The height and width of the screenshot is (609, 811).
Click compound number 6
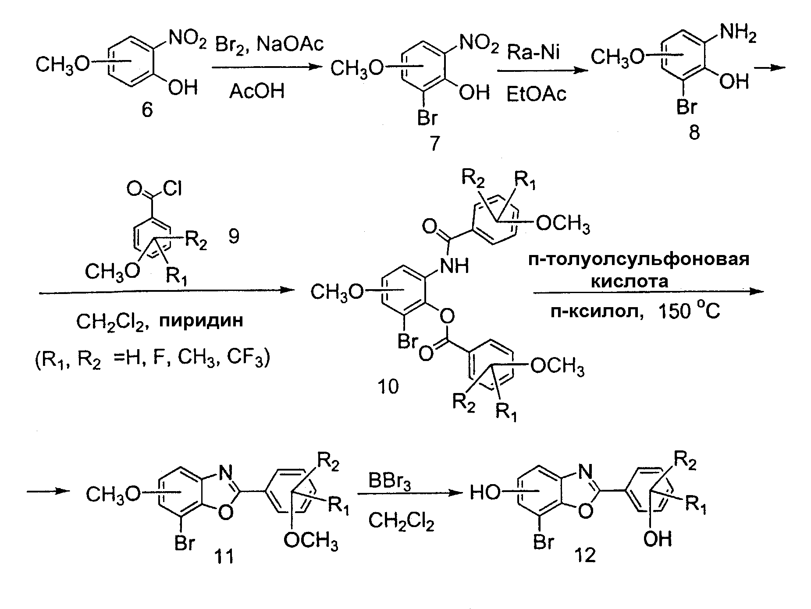point(147,110)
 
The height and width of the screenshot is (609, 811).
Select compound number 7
point(434,143)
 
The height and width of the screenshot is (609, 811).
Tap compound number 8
point(694,132)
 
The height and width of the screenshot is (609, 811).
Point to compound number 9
point(234,237)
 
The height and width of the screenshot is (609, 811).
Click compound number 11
point(223,557)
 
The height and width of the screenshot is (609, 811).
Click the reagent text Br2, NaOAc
point(270,44)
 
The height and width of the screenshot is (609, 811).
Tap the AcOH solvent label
point(257,92)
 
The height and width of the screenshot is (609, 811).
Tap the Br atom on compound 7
point(427,118)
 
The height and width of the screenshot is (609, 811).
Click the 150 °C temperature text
point(689,312)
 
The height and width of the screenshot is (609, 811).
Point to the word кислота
point(630,281)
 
